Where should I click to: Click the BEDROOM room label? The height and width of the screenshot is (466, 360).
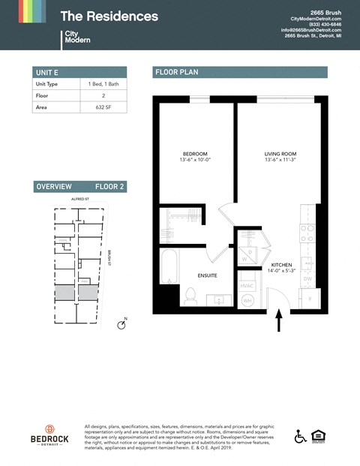click(x=194, y=154)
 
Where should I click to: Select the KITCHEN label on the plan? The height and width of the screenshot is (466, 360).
click(x=280, y=266)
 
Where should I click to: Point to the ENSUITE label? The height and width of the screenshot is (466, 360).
click(x=207, y=275)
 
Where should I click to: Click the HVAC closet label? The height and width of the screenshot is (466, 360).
click(x=247, y=285)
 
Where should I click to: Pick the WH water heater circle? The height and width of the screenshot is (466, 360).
click(x=247, y=301)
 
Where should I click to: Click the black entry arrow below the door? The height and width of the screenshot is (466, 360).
click(x=279, y=321)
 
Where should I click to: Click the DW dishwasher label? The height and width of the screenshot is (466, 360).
click(x=307, y=279)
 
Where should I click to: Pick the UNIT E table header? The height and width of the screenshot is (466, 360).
click(x=46, y=72)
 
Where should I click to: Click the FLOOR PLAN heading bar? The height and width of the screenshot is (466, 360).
click(x=239, y=72)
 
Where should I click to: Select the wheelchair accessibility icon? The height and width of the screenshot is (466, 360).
click(x=301, y=436)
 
